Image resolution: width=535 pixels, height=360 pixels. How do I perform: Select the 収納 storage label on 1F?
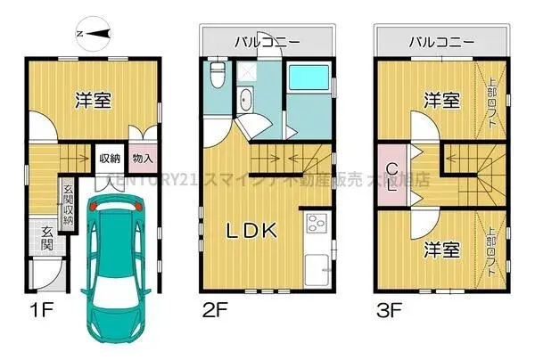pos(110,160)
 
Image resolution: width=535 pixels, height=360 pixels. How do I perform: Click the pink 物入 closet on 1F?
pos(142,160)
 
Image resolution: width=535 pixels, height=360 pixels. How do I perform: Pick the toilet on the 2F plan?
pos(216,75)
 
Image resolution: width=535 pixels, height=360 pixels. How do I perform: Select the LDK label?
pos(252,231)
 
